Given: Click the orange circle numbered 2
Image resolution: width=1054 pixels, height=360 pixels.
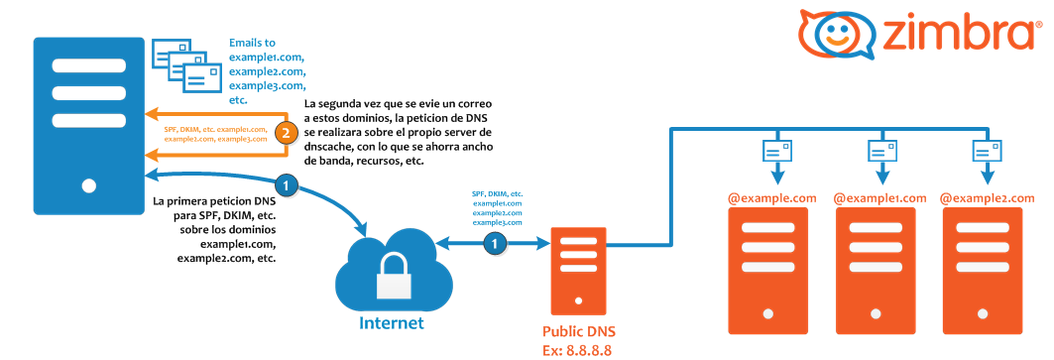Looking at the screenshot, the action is pyautogui.click(x=287, y=133).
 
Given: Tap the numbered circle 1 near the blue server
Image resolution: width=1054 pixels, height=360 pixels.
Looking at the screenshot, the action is pyautogui.click(x=287, y=183).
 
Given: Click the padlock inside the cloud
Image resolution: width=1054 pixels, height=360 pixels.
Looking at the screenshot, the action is pyautogui.click(x=394, y=277).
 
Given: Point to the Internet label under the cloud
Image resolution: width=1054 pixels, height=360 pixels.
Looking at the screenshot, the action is pyautogui.click(x=392, y=322).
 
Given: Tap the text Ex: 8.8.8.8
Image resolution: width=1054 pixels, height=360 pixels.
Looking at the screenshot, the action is pyautogui.click(x=577, y=351).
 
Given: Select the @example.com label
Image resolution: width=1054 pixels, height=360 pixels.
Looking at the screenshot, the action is pyautogui.click(x=771, y=197).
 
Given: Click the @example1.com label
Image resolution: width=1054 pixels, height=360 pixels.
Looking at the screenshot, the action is pyautogui.click(x=879, y=197).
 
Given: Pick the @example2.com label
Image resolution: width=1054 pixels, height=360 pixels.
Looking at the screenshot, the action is pyautogui.click(x=987, y=197).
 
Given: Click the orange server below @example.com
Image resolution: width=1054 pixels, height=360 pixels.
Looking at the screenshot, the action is pyautogui.click(x=768, y=271).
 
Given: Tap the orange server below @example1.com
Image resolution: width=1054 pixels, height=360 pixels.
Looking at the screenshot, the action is pyautogui.click(x=876, y=271).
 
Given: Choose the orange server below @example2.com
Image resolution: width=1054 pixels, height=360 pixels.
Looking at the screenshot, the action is pyautogui.click(x=983, y=271).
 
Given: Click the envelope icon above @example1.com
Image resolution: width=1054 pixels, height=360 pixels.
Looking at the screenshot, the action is pyautogui.click(x=881, y=150).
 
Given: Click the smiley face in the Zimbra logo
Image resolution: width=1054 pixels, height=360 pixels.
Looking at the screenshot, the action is pyautogui.click(x=832, y=33).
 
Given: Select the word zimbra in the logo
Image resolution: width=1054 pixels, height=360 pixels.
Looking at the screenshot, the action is pyautogui.click(x=956, y=33).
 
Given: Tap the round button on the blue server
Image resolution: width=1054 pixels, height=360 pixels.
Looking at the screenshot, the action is pyautogui.click(x=88, y=185).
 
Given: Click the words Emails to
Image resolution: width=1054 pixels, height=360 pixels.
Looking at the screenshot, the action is pyautogui.click(x=253, y=42).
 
